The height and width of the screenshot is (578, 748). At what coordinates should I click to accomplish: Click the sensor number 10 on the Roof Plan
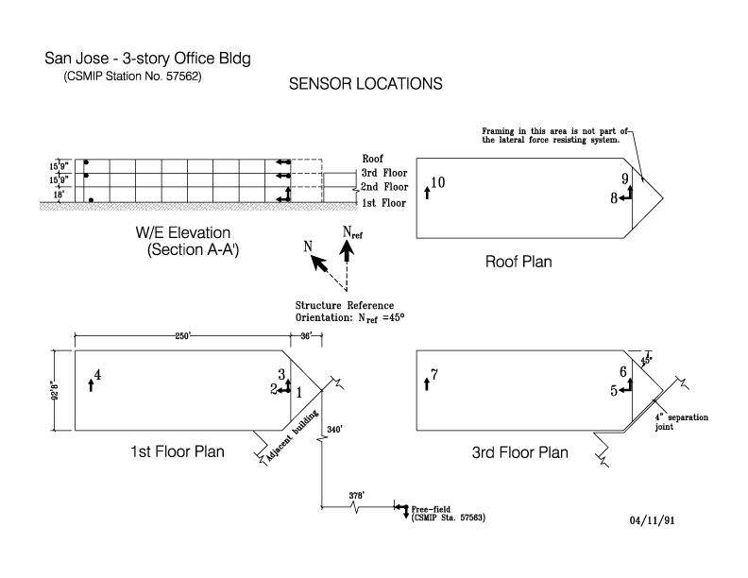(437, 182)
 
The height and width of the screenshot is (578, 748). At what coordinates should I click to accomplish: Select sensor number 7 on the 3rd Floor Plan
(433, 374)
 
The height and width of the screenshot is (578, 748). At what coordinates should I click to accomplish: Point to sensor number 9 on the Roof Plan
(624, 179)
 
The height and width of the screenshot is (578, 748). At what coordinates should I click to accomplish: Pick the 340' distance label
(334, 428)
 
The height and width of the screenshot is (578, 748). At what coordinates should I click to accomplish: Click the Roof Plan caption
(518, 262)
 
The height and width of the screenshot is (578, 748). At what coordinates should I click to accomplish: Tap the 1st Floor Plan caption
(178, 451)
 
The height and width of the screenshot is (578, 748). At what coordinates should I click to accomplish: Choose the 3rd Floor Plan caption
(520, 452)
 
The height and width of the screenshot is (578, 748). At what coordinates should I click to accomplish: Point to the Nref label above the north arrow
(350, 232)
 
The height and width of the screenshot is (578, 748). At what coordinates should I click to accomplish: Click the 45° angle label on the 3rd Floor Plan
(647, 360)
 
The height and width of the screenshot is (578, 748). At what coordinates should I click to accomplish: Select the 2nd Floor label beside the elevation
(383, 187)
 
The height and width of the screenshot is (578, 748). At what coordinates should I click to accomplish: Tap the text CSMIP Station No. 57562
(132, 76)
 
